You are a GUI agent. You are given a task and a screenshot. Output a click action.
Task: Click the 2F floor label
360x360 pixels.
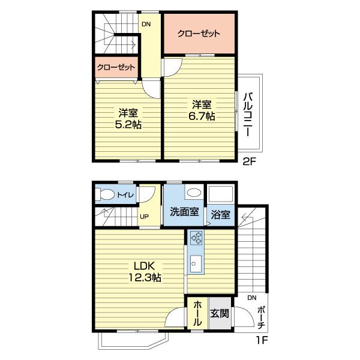point(249,162)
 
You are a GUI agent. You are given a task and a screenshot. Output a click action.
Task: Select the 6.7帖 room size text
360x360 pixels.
point(202,116)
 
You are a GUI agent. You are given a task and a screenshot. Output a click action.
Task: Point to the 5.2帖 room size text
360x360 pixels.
point(128,125)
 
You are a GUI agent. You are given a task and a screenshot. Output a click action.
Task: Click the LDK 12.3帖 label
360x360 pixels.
point(145,272)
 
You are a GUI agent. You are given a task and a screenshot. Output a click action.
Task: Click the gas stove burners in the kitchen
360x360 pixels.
point(196,238)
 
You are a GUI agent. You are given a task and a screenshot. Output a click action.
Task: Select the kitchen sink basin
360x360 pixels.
point(196,263)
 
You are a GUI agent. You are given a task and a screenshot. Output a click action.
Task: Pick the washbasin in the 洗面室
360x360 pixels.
point(194,193)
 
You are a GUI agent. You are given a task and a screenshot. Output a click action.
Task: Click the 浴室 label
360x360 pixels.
point(220,215)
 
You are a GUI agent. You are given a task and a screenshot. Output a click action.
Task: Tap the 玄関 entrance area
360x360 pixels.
point(220,313)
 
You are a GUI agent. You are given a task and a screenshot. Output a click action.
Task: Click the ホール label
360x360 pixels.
point(197,313)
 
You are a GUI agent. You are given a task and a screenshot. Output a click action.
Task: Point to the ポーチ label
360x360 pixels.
point(261,317)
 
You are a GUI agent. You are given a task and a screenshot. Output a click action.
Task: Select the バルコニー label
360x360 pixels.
point(248,115)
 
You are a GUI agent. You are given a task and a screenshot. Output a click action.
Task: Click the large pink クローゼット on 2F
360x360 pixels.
point(199,34)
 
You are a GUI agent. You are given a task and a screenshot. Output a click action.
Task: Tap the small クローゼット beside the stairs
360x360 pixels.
point(116,67)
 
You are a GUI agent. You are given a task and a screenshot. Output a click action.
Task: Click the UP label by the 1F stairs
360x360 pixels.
point(144,217)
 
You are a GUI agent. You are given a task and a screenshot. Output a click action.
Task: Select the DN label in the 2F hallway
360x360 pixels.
point(146,24)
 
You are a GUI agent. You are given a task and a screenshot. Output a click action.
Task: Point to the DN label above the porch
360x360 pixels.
point(252,298)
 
